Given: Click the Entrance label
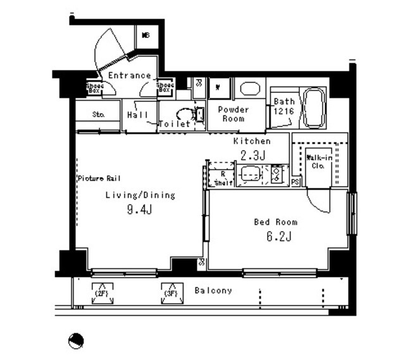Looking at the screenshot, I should [x=129, y=75].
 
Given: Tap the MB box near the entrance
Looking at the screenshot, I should [x=146, y=35].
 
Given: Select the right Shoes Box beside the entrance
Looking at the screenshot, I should [x=165, y=88].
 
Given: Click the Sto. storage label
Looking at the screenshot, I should [x=98, y=115].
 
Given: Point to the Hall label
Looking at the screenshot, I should [x=137, y=115].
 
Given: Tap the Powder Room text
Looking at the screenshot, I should [x=233, y=114].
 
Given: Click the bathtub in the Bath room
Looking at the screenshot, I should [x=313, y=108].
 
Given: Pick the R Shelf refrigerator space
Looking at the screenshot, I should [x=221, y=177].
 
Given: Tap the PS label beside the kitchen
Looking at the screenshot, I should [x=296, y=182].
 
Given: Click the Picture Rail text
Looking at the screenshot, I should [x=99, y=178].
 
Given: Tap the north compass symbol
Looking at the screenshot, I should [x=75, y=341].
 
